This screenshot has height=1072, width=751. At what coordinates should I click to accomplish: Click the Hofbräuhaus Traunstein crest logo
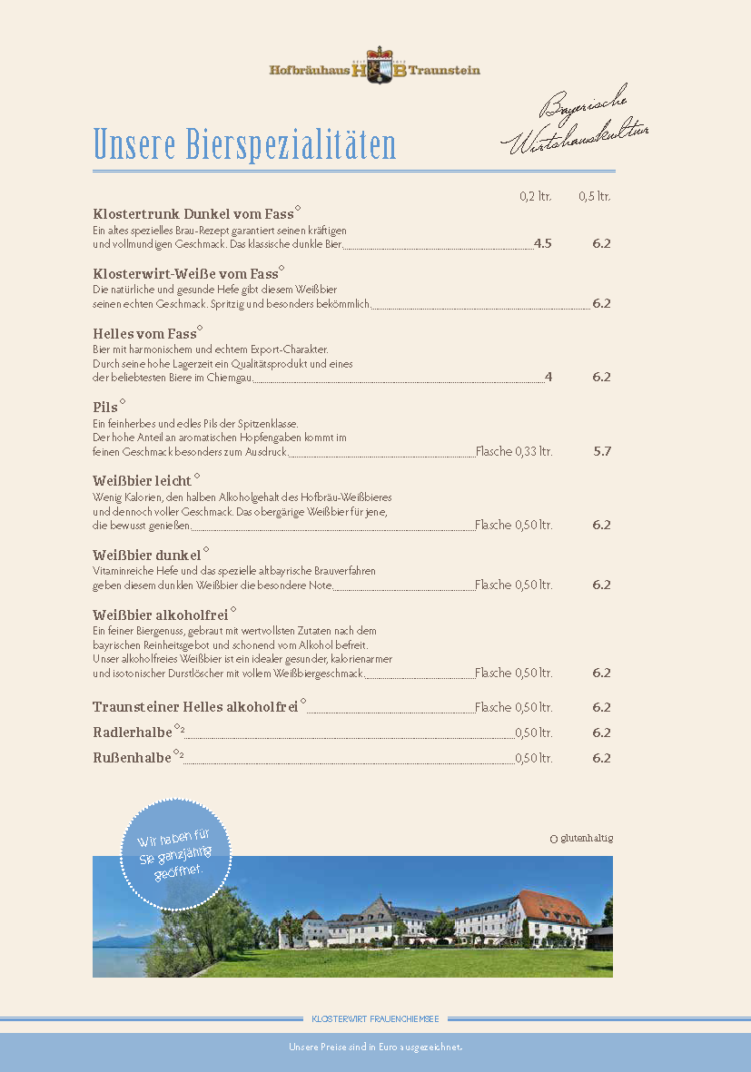(x=374, y=68)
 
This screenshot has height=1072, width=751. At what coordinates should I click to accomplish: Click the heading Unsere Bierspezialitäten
(x=244, y=144)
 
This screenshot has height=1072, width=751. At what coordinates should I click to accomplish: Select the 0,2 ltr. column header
(x=535, y=196)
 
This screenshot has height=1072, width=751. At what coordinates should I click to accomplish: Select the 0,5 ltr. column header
(x=595, y=196)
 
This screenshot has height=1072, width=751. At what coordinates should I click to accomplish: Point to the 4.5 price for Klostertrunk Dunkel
(x=542, y=243)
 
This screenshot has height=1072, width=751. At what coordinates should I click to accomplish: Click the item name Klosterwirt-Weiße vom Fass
(x=185, y=273)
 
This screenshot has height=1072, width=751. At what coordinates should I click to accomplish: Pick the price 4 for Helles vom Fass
(x=548, y=377)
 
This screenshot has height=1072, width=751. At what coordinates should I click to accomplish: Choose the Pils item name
(x=105, y=408)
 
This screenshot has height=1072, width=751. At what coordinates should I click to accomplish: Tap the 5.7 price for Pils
(x=601, y=450)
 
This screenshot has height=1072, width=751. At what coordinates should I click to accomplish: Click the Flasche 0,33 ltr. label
(x=513, y=451)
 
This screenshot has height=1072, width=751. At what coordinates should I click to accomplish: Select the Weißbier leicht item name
(x=142, y=481)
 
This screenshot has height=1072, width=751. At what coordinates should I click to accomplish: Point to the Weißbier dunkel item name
(x=146, y=555)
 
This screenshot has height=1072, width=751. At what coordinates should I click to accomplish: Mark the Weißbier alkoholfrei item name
(x=160, y=615)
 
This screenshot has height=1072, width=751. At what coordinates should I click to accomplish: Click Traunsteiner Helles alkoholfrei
(x=195, y=707)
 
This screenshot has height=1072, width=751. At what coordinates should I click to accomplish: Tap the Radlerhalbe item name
(x=133, y=733)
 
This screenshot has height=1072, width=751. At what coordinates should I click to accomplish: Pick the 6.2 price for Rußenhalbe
(x=601, y=758)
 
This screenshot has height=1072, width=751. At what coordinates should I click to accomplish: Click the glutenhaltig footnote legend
(x=581, y=838)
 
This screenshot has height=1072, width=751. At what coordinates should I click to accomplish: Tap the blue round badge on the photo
(x=176, y=854)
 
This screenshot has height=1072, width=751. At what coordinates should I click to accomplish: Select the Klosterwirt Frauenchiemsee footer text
(x=375, y=1019)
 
